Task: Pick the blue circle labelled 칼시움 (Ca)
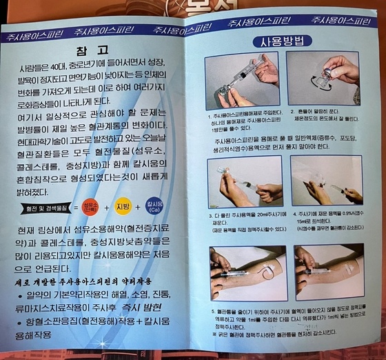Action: [x=155, y=206]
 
